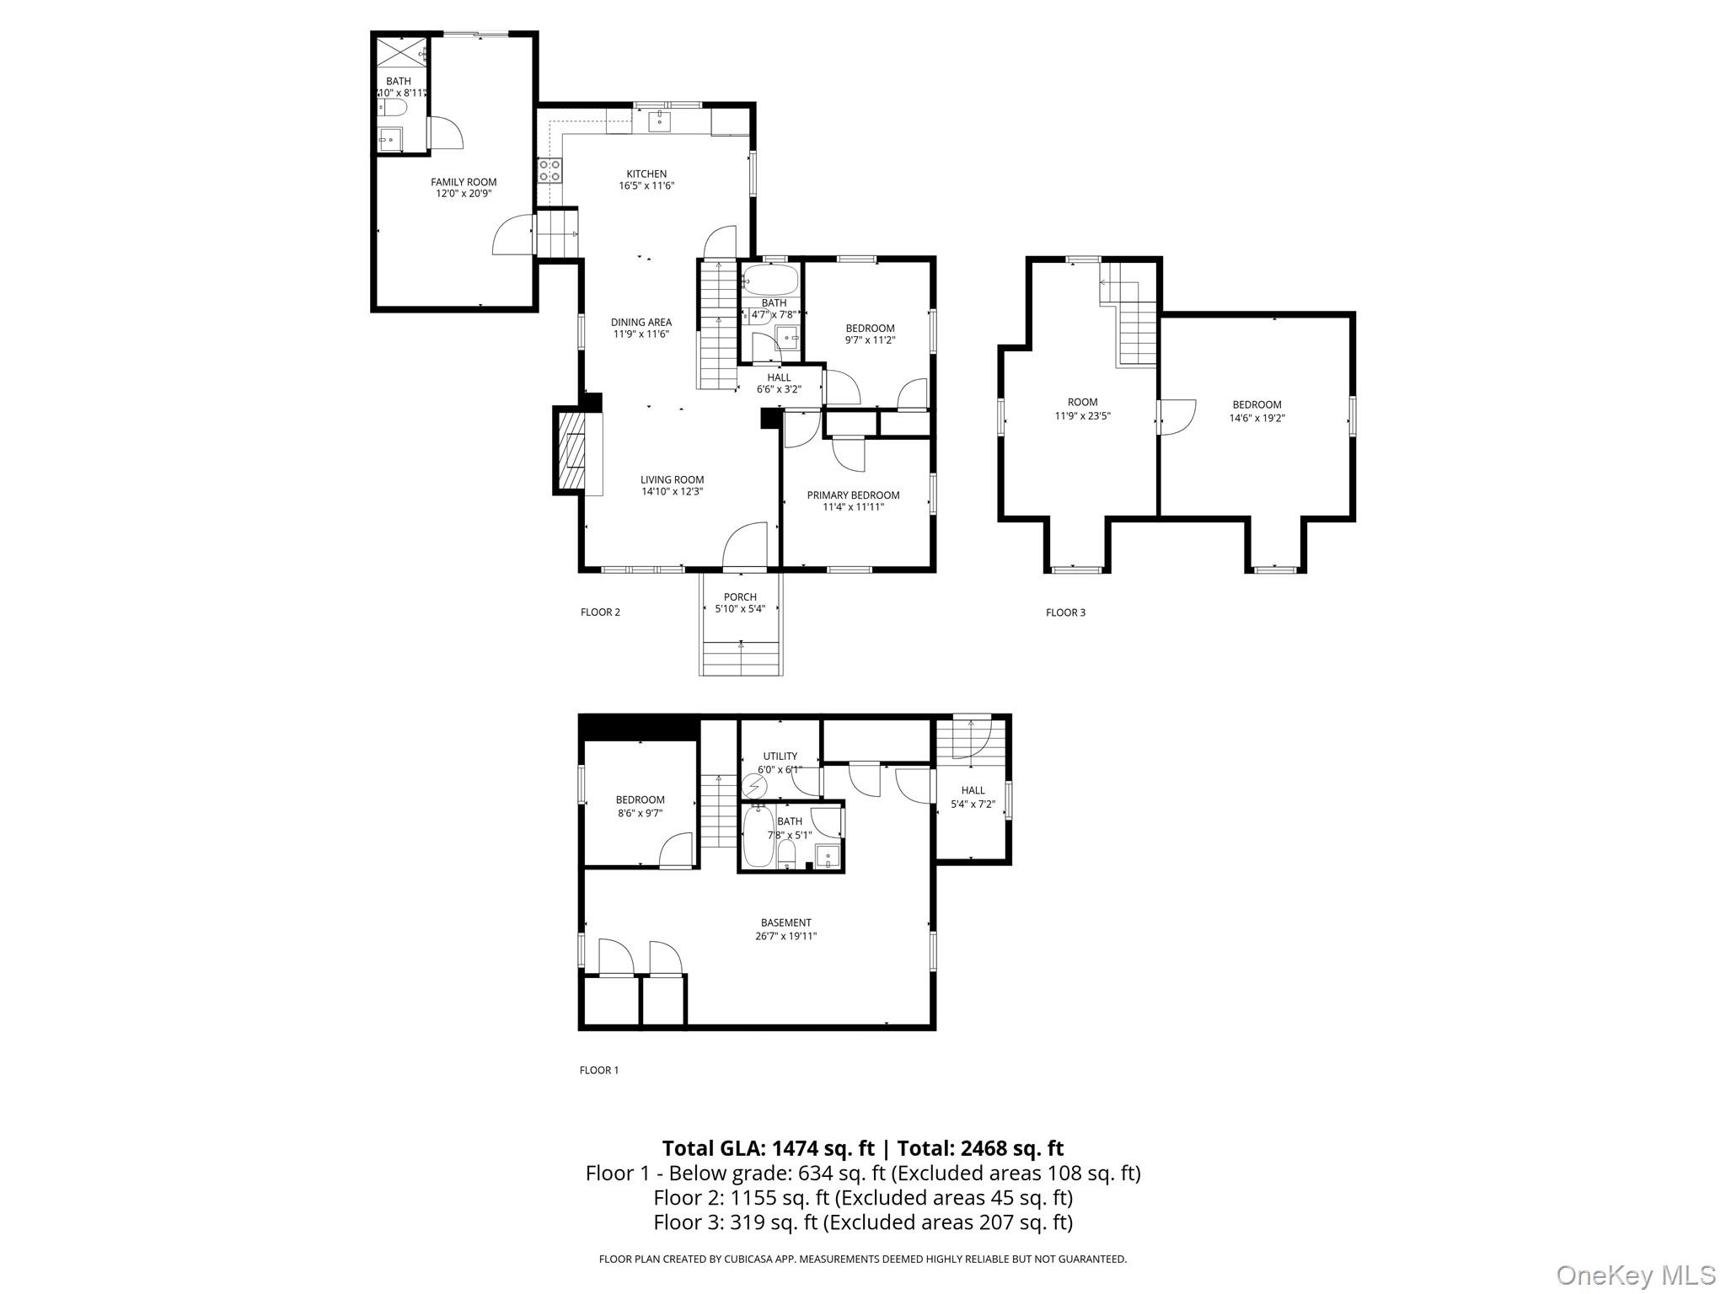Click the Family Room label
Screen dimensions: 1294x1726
click(x=464, y=182)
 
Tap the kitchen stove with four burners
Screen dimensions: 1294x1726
click(x=549, y=170)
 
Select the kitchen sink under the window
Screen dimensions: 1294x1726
click(x=659, y=121)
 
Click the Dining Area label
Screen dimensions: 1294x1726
click(x=641, y=322)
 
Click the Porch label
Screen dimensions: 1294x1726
click(x=740, y=596)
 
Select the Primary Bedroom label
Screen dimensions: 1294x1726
click(x=853, y=495)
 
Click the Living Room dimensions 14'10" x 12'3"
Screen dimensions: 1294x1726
click(x=672, y=491)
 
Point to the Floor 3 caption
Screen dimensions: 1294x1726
click(x=1065, y=612)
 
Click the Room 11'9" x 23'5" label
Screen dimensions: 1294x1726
click(x=1082, y=403)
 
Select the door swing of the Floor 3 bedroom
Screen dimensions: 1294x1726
click(x=1178, y=417)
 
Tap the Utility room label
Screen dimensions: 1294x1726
click(x=780, y=757)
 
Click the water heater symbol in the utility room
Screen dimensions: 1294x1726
click(x=753, y=787)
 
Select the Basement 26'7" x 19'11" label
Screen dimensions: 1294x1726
click(x=785, y=922)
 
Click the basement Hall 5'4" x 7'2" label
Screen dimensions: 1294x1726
click(x=973, y=790)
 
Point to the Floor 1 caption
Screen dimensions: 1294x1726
click(x=598, y=1070)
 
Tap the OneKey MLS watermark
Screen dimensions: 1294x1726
click(x=1635, y=1275)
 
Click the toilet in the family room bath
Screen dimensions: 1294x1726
click(x=393, y=108)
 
